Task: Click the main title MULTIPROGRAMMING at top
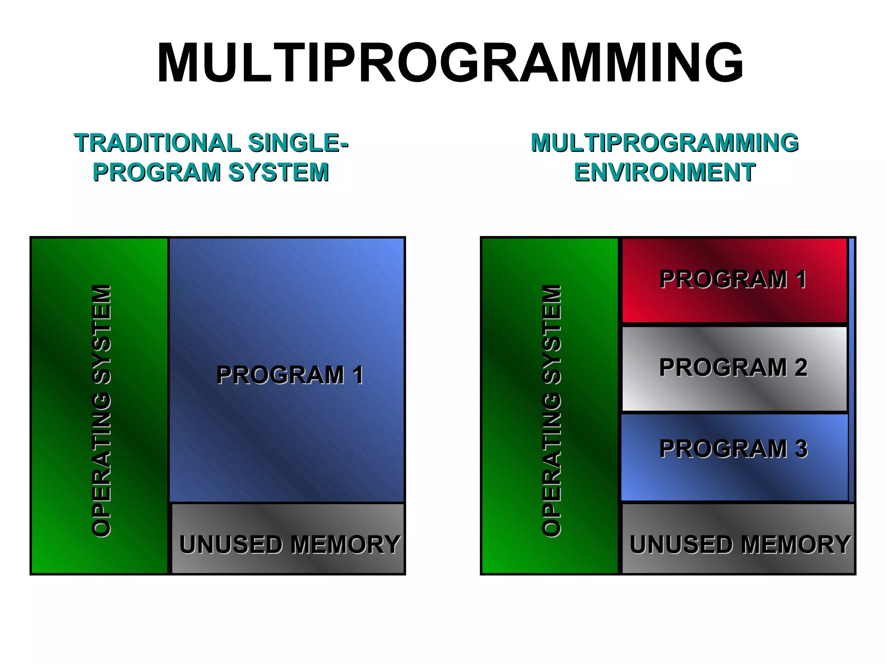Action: [x=450, y=63]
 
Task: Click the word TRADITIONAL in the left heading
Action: [x=157, y=143]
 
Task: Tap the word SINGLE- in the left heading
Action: [x=299, y=143]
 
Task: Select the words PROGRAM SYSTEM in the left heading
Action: [x=211, y=172]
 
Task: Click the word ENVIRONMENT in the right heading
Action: [x=664, y=172]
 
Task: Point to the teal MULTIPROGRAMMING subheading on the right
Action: [x=664, y=143]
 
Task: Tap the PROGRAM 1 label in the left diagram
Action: [x=289, y=375]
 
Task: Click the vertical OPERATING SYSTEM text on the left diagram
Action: [x=102, y=411]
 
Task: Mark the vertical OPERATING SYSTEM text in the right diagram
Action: [x=552, y=411]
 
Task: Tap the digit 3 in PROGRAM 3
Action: [x=801, y=449]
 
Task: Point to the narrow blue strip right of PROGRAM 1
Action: [x=851, y=370]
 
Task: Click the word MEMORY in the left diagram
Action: [x=345, y=544]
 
